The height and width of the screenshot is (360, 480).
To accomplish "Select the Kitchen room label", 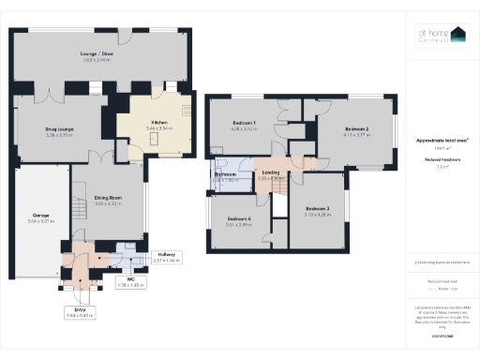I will point(151,122).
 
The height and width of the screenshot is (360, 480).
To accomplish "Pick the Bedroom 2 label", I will point(356,129).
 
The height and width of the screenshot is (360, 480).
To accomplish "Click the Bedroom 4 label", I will point(240,219).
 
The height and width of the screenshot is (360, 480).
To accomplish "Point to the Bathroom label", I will point(226,174).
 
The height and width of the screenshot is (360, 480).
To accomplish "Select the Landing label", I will point(270,172).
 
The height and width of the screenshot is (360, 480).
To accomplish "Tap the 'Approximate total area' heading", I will point(442,141).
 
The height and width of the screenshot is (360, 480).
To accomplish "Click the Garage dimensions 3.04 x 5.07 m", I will point(41,221).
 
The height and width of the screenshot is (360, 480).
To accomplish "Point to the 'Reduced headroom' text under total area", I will point(442,159).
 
